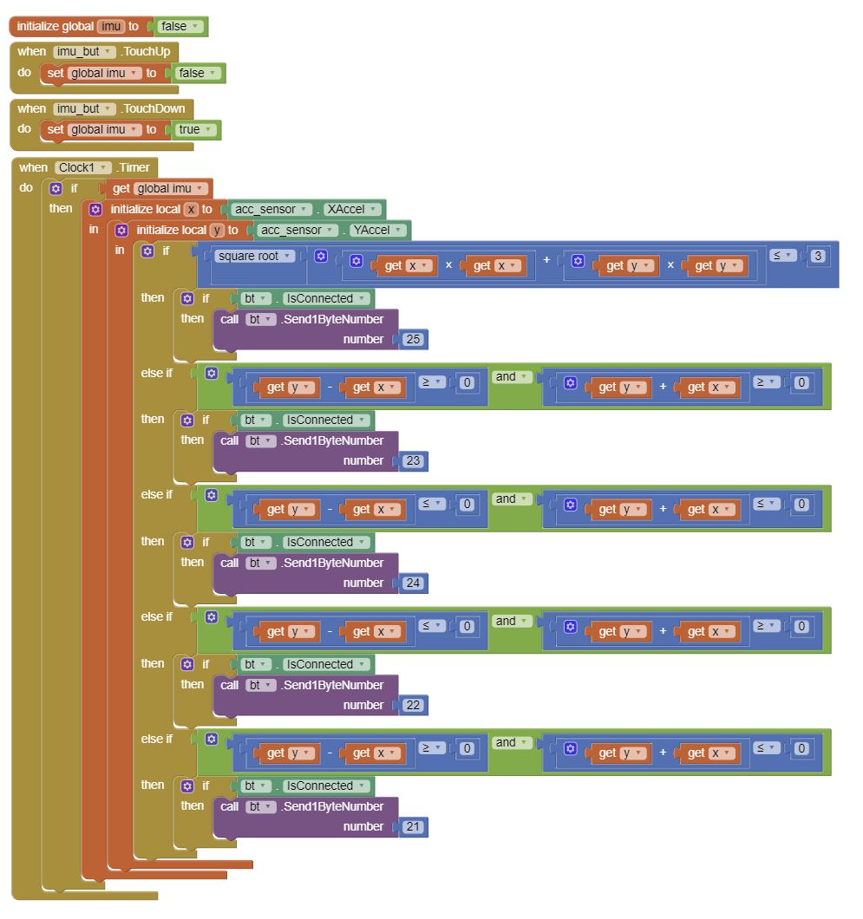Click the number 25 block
pyautogui.click(x=413, y=339)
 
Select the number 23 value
pyautogui.click(x=413, y=460)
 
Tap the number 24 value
pyautogui.click(x=413, y=583)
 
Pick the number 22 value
pyautogui.click(x=413, y=705)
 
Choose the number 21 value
pyautogui.click(x=413, y=826)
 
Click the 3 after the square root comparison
pyautogui.click(x=818, y=256)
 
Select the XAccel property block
pyautogui.click(x=351, y=209)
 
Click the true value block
pyautogui.click(x=194, y=129)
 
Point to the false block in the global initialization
pyautogui.click(x=180, y=26)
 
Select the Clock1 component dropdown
pyautogui.click(x=82, y=167)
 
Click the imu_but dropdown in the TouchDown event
pyautogui.click(x=83, y=109)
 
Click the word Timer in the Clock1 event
pyautogui.click(x=134, y=167)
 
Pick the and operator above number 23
pyautogui.click(x=510, y=377)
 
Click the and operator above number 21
pyautogui.click(x=510, y=743)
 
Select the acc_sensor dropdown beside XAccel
pyautogui.click(x=271, y=209)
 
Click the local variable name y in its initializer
pyautogui.click(x=216, y=231)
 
